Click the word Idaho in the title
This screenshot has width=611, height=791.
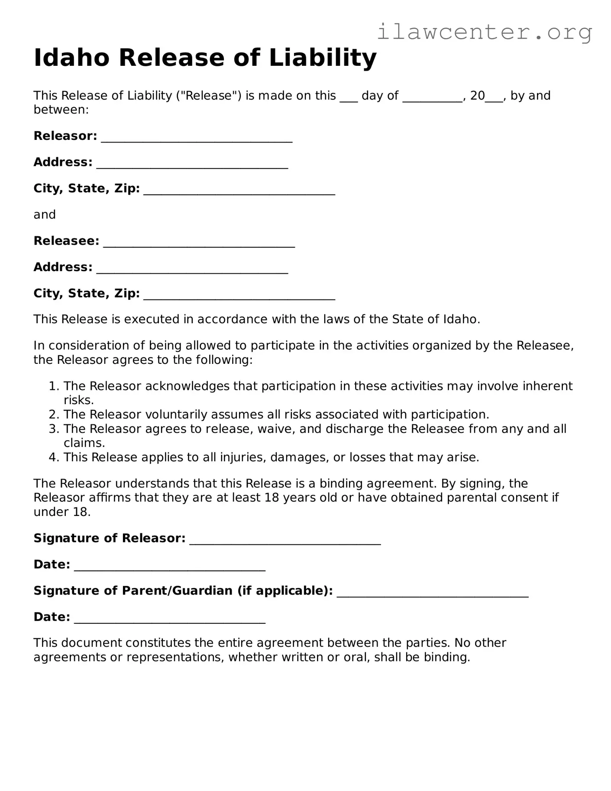coord(71,58)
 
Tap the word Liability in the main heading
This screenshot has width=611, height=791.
coord(323,58)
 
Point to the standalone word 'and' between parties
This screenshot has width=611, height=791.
coord(45,215)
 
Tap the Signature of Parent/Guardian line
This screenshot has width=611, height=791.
coord(432,593)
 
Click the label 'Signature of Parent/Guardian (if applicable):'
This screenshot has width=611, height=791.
coord(183,591)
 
